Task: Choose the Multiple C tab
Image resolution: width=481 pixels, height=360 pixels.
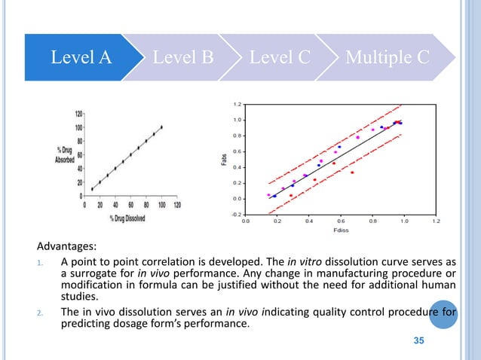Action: (388, 57)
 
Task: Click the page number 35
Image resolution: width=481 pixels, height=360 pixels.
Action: (420, 343)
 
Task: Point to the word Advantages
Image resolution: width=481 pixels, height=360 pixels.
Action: (66, 246)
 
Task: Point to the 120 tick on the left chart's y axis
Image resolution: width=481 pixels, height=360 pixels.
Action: (78, 114)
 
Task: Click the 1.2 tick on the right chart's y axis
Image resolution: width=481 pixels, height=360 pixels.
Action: (237, 104)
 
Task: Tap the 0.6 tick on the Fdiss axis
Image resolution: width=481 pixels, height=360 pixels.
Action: (341, 222)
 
